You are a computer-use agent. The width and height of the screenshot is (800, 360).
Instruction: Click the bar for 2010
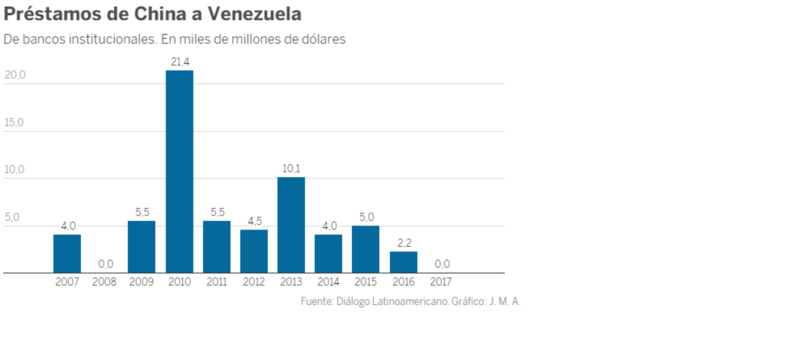(x=180, y=172)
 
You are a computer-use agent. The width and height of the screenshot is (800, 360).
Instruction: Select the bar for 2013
(x=291, y=225)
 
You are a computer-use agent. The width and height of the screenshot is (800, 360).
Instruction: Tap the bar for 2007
(x=67, y=254)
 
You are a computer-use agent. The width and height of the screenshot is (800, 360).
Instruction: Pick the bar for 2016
(x=404, y=262)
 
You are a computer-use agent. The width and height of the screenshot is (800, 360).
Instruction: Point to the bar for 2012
(x=254, y=252)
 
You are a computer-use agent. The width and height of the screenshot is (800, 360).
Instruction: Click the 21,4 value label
(x=180, y=61)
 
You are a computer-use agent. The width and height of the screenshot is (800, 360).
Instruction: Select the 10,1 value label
(x=291, y=168)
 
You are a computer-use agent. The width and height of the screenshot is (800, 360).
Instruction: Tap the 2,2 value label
(x=404, y=242)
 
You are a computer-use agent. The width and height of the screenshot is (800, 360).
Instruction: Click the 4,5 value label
(x=254, y=221)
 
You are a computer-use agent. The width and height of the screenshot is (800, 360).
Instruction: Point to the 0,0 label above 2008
(x=104, y=264)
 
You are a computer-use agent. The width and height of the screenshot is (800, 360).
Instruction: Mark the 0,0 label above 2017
(x=441, y=264)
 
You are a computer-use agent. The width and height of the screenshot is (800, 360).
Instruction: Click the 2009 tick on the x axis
(x=142, y=282)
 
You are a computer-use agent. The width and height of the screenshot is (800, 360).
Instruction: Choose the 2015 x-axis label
(x=366, y=282)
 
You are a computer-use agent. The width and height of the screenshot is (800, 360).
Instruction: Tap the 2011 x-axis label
(x=216, y=282)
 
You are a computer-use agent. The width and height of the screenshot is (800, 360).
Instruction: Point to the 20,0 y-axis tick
(x=15, y=75)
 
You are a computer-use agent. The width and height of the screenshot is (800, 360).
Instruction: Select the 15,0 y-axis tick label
(x=15, y=123)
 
